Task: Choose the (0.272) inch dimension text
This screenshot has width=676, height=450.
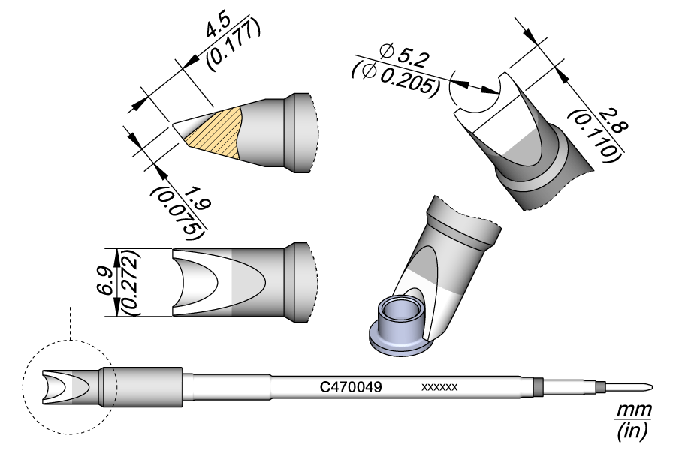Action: (128, 281)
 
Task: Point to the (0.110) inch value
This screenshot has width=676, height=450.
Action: (595, 136)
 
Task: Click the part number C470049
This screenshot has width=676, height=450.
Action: (352, 387)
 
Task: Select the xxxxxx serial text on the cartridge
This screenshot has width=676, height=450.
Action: (439, 387)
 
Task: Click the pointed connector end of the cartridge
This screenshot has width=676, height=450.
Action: (638, 387)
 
